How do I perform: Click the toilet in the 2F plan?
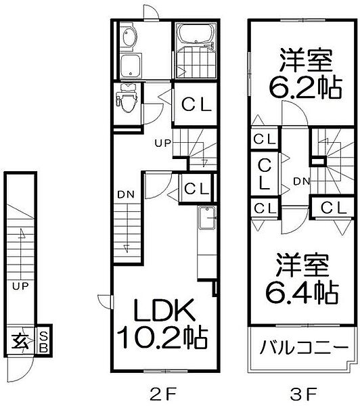point(125,102)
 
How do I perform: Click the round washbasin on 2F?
point(129,37)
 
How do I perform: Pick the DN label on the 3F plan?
point(302,181)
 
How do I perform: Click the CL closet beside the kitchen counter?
point(196,187)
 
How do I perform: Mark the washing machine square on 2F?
point(130,66)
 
